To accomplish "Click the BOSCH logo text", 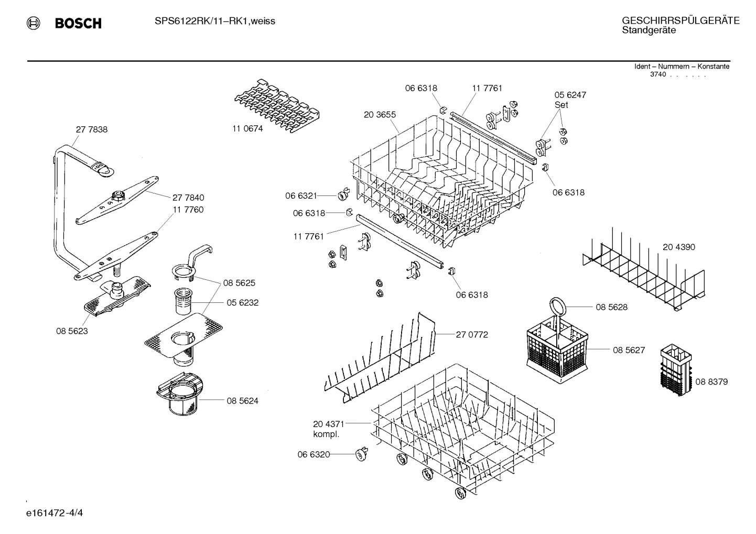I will [x=78, y=23].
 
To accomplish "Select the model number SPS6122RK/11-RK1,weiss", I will [x=215, y=21].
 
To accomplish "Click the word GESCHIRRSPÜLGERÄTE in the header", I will [x=681, y=20].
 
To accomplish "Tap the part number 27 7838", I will [x=92, y=129].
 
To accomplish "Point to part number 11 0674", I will [x=247, y=128].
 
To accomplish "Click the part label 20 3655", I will [x=380, y=115].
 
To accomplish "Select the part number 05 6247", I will [x=570, y=95].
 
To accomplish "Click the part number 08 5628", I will [x=611, y=307].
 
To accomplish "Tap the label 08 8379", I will [x=711, y=382].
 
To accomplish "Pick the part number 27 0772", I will [x=472, y=334].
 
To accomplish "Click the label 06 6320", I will [x=314, y=454].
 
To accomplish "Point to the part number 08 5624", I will [x=242, y=401].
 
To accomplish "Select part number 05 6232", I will [x=242, y=303].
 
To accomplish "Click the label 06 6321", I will [x=301, y=195].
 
